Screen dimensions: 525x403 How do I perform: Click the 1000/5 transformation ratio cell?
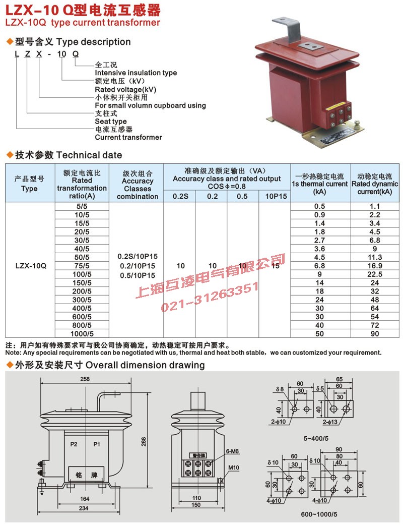pos(82,333)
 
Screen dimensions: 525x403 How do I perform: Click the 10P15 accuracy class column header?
pos(275,196)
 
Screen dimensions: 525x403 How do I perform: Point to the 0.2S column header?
pos(179,196)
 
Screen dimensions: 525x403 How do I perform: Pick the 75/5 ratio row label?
pos(82,265)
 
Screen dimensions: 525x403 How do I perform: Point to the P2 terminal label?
pos(74,444)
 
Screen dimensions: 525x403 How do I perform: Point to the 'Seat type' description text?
pos(111,122)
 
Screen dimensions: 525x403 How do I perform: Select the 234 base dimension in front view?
pos(83,508)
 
